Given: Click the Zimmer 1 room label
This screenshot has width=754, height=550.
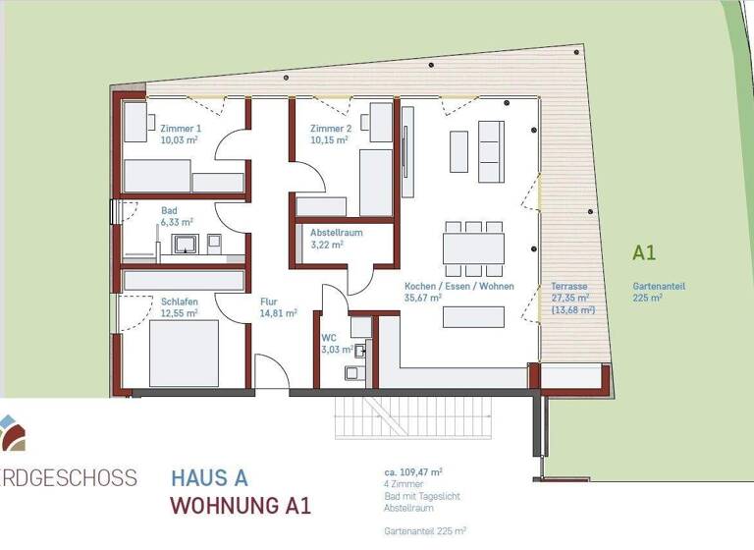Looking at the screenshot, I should point(182,129).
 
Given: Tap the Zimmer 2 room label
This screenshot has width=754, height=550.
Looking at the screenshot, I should point(331,129).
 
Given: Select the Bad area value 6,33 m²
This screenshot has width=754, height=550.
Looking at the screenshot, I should point(179,223).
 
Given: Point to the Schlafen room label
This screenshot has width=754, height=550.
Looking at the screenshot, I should point(180,302).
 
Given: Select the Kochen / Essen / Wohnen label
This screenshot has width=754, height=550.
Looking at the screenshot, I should point(445,286).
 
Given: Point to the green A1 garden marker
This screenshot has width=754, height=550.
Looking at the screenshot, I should point(644,252).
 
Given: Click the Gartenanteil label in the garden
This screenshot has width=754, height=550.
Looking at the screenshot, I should point(659,286).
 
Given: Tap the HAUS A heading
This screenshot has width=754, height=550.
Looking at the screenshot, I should point(209,479).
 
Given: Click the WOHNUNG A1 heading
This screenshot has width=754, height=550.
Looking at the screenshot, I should point(241,507).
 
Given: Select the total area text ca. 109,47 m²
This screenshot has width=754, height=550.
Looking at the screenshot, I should point(413,472).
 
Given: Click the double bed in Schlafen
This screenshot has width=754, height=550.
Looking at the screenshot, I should point(184,353).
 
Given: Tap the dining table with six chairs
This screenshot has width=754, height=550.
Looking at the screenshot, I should point(473,247).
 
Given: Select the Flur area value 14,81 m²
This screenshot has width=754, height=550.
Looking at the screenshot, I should point(278,314).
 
